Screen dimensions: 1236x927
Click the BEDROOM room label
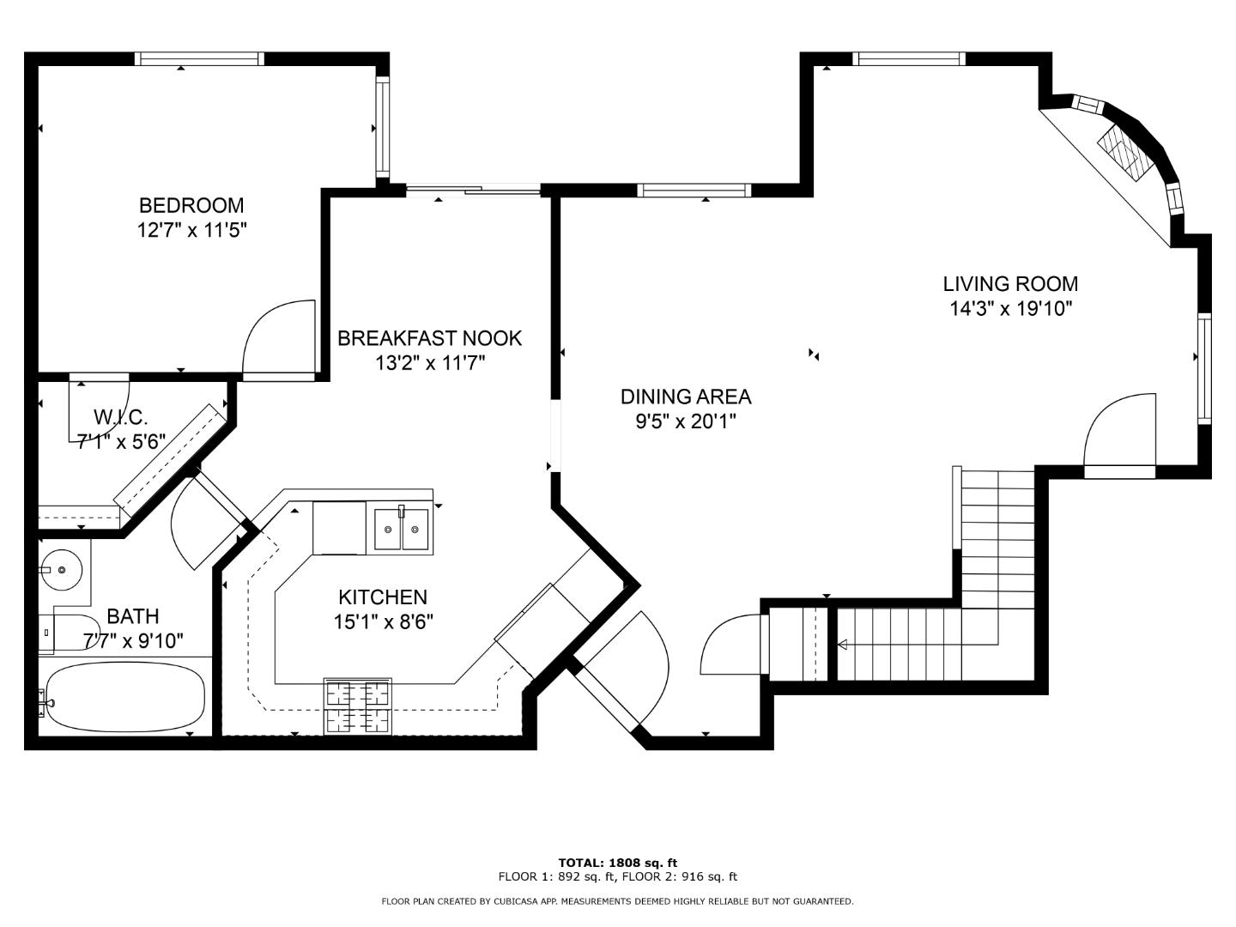point(191,205)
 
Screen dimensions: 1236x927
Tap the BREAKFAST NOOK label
point(430,338)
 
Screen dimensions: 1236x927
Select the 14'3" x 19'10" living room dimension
point(1011,308)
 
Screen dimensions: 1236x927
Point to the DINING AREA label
point(686,397)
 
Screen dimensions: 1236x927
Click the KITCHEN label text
point(383,597)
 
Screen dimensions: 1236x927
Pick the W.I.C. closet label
point(120,417)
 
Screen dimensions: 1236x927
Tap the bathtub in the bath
point(125,696)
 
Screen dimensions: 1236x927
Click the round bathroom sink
point(62,570)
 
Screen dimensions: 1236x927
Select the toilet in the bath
point(69,633)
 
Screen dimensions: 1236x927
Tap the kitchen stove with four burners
point(358,706)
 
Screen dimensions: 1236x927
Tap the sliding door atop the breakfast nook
point(473,191)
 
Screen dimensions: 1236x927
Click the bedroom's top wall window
point(199,58)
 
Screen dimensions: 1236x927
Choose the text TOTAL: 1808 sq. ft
point(618,863)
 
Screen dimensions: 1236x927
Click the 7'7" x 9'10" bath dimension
point(133,640)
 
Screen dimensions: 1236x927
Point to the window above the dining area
point(694,191)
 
